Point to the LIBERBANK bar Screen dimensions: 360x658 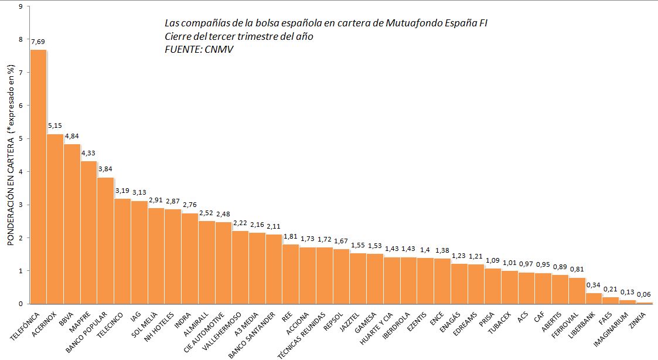pos(594,298)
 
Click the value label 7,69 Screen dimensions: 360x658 pos(38,42)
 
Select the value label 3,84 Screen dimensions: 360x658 pos(105,169)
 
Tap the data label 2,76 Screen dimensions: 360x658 pos(190,205)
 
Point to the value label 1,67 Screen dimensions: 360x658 pos(341,241)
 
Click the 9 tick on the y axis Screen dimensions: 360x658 pos(21,6)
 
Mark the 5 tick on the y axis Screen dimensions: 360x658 pos(21,139)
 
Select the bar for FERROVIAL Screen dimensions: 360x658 pos(577,291)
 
